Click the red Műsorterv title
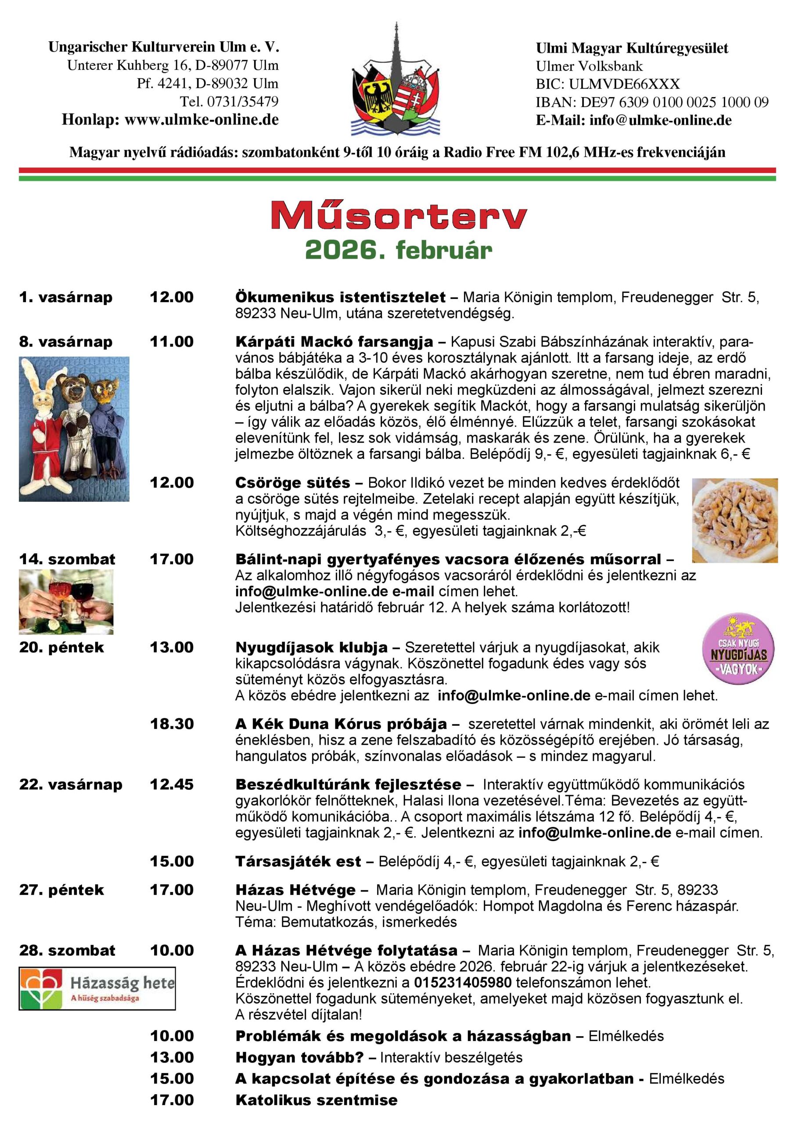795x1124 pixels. click(399, 216)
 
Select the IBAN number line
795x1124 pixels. click(651, 102)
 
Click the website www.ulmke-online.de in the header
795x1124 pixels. click(201, 120)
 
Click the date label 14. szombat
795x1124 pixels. click(67, 559)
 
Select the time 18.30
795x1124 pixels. click(172, 724)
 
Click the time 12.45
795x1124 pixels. click(172, 784)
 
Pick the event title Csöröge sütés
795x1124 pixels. click(292, 483)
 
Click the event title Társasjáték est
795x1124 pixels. click(298, 861)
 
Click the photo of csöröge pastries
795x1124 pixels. click(734, 520)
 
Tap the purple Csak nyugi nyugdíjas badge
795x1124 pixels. click(738, 650)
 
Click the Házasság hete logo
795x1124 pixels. click(97, 988)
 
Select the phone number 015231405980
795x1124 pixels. click(463, 983)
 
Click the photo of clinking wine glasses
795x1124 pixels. click(66, 602)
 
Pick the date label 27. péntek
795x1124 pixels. click(62, 890)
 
